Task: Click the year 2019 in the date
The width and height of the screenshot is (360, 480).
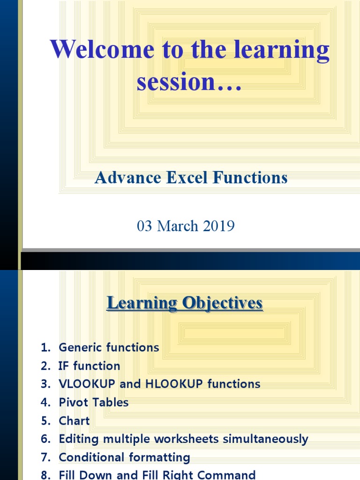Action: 219,226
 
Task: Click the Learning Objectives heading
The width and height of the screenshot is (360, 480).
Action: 185,303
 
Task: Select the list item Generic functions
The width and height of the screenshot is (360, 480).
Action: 109,347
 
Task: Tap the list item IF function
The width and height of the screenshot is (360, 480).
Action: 89,366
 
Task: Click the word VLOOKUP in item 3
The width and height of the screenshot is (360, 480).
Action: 87,384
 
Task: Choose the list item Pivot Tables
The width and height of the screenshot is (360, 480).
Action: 93,402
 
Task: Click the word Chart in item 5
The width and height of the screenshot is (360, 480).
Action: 74,420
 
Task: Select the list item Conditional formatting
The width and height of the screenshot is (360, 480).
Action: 124,457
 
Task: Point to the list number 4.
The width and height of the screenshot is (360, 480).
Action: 45,402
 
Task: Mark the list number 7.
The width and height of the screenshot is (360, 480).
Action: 45,457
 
